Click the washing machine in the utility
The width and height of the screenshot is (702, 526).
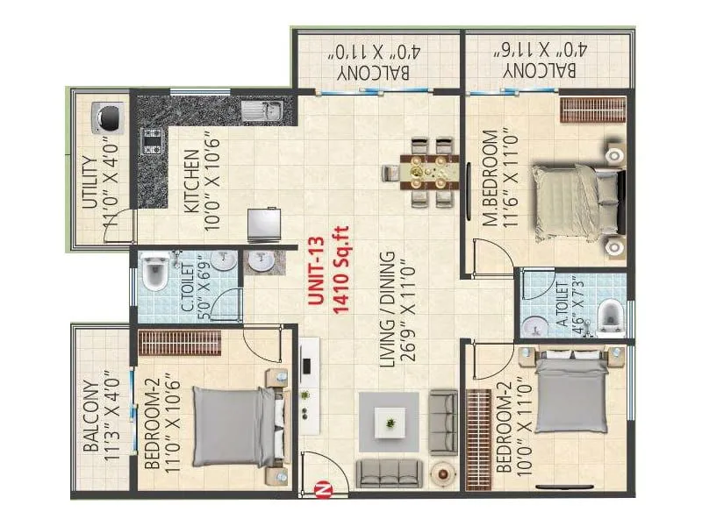coord(108,117)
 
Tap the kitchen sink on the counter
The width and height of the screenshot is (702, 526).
coord(262,110)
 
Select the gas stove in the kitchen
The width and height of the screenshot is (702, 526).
coord(151,141)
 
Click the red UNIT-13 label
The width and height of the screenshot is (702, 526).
coord(316,271)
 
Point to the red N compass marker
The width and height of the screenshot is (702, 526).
coord(322,490)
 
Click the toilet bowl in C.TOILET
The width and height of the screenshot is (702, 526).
coord(154,272)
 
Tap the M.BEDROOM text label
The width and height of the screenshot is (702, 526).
coord(491,178)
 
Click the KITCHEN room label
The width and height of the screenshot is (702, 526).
coord(192,181)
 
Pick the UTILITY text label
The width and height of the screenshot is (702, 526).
coord(90,182)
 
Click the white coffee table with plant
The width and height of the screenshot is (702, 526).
coord(390,423)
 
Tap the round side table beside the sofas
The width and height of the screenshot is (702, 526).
coord(443,473)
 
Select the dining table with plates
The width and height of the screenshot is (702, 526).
coord(429,172)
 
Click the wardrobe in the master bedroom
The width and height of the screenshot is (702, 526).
coord(593,110)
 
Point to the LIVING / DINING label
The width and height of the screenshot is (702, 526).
coord(387,310)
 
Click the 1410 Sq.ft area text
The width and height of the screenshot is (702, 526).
coord(340,272)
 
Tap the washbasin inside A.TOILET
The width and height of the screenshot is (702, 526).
coord(535,327)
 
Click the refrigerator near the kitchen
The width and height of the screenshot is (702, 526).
coord(265,224)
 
